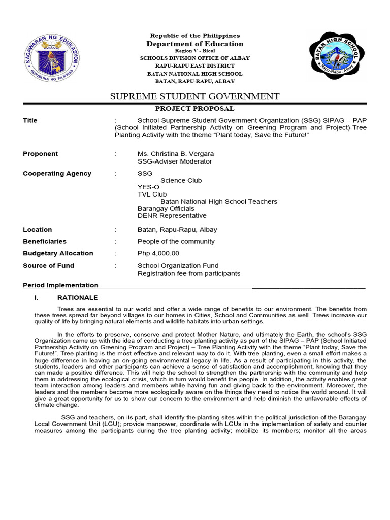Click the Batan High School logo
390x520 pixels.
336,57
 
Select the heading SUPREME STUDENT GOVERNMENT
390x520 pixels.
194,96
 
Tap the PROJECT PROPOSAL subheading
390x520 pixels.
194,108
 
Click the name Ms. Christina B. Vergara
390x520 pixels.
176,154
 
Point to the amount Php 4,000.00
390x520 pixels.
158,253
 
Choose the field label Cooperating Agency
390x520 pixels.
57,173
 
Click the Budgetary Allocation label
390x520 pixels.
58,253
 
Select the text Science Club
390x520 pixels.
181,180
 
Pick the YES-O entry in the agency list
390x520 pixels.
148,187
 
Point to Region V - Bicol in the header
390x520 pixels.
194,51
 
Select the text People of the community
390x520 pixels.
176,241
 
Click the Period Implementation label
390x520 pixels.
60,285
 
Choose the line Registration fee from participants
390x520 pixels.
189,273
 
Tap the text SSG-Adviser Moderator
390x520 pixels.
175,161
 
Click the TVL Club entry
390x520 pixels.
152,194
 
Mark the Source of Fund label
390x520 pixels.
48,265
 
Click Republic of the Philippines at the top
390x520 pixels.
194,36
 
